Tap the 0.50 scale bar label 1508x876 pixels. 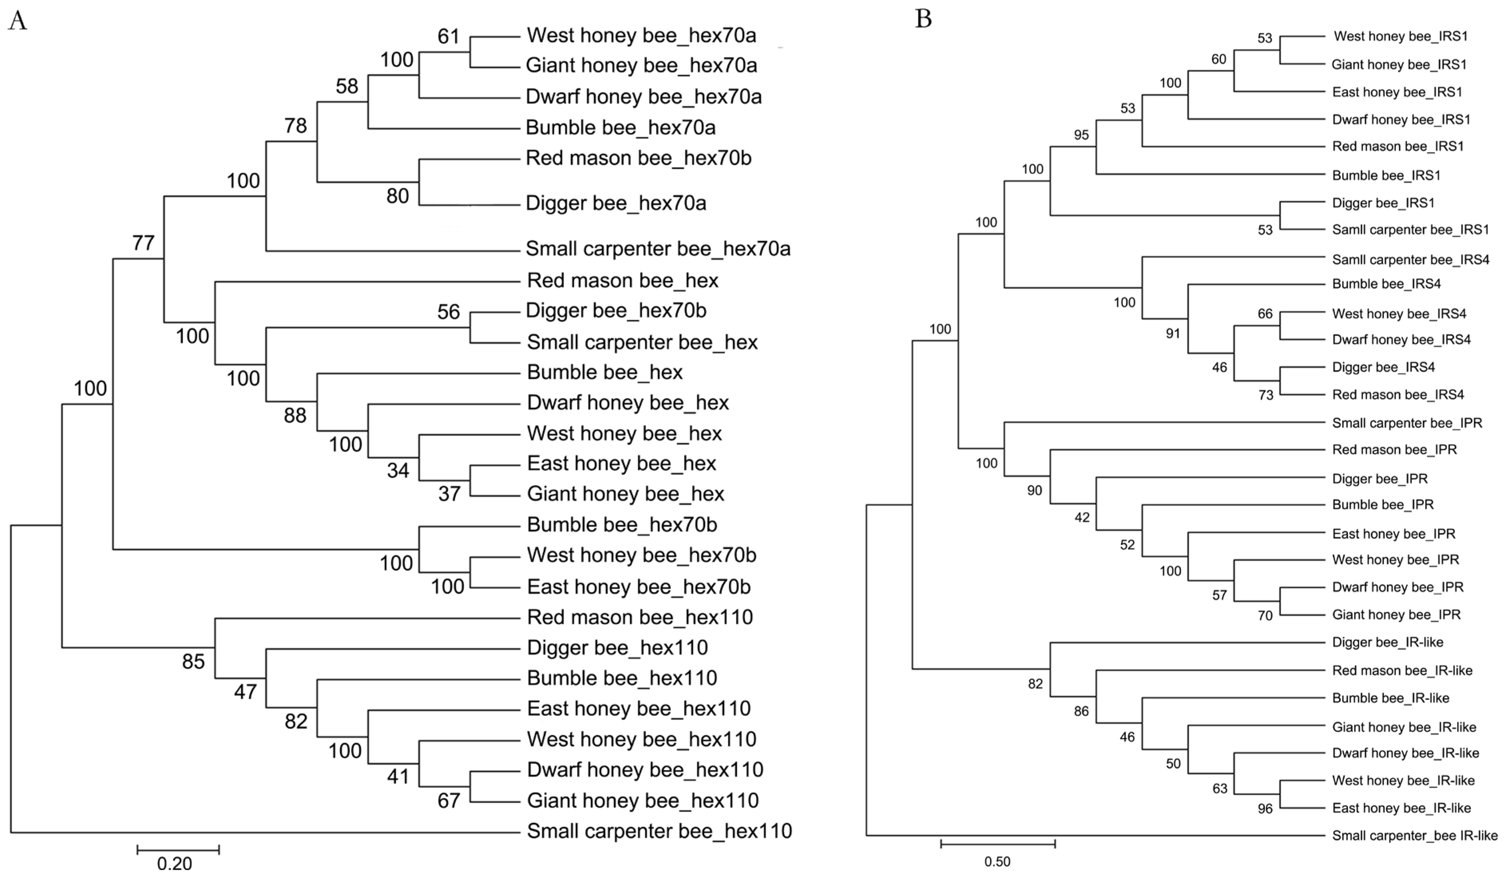997,862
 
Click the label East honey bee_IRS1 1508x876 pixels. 1397,92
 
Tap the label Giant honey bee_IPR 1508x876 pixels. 1396,615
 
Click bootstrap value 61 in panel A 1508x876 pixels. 448,36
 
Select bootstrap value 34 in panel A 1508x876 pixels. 398,471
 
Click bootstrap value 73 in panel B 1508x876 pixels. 1266,395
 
